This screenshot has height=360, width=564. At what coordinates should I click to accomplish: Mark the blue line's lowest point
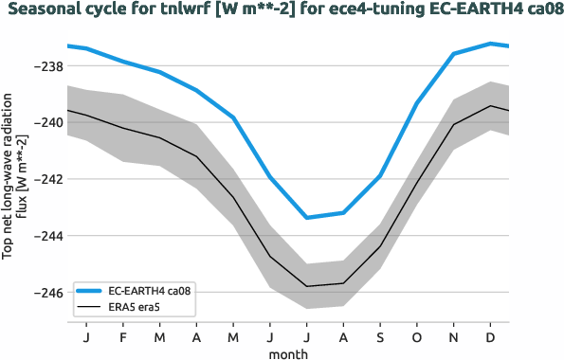click(307, 218)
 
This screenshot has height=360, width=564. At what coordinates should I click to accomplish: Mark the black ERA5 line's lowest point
click(307, 286)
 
